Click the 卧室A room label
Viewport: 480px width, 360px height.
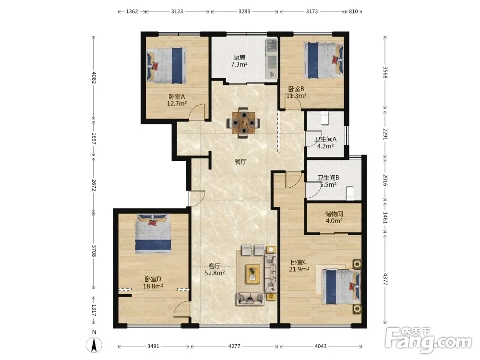[177, 97]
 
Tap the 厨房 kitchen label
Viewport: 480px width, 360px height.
[239, 58]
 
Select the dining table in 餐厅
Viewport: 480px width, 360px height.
[243, 123]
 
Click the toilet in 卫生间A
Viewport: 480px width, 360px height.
[325, 118]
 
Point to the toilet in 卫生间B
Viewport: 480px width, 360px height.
[349, 193]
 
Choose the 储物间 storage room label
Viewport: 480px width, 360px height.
[334, 214]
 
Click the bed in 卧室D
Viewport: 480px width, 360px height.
[153, 234]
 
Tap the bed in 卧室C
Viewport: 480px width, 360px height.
[341, 287]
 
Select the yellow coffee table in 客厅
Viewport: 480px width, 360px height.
[253, 274]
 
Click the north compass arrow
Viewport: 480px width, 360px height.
[94, 345]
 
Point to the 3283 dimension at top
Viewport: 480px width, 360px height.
[244, 12]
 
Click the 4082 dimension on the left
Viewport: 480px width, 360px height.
[94, 77]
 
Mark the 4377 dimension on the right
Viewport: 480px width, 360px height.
[385, 279]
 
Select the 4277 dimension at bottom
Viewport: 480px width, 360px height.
[234, 346]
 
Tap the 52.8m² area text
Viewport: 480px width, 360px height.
[215, 273]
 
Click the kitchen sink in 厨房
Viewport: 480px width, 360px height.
[271, 46]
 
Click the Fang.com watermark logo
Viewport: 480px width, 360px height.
[428, 339]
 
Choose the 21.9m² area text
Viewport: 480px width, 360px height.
[299, 269]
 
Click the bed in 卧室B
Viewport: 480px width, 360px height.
[324, 60]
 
